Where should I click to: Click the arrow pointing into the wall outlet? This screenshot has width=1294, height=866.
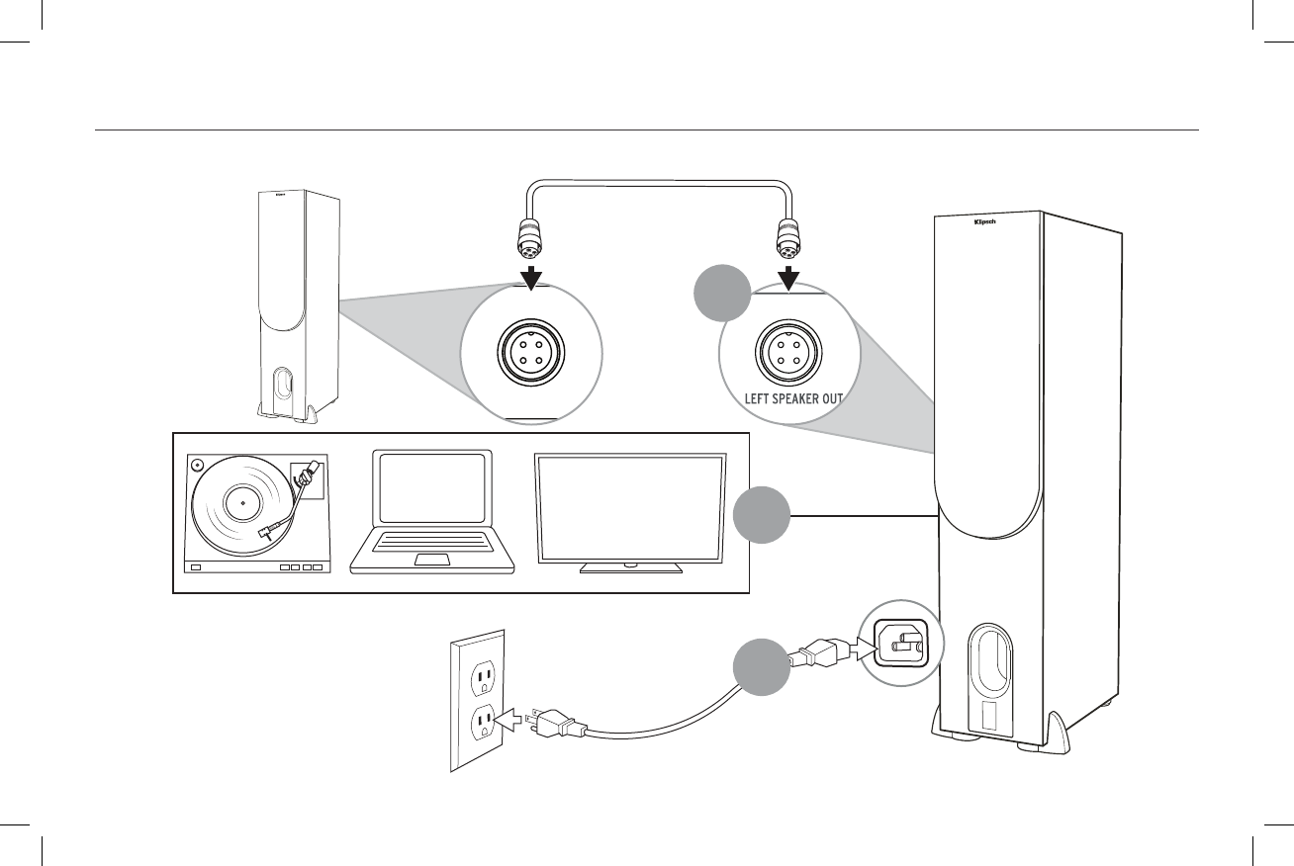[510, 721]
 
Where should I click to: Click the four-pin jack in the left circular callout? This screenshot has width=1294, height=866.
[531, 353]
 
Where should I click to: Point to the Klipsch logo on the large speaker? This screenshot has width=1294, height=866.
[985, 222]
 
